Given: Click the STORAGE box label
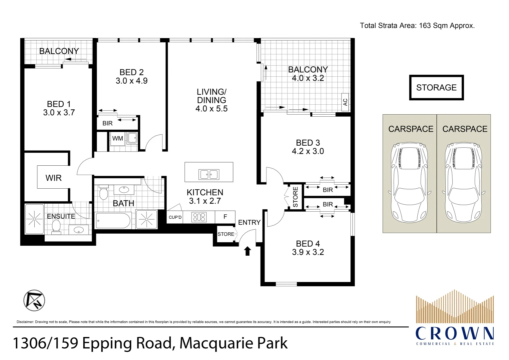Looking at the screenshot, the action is coord(436,88).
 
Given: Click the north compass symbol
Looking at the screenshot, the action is coord(34,300).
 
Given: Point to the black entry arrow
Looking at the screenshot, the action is coord(248,251).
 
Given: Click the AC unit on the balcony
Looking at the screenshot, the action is coord(345,102).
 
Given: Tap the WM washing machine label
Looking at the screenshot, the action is coord(118,138).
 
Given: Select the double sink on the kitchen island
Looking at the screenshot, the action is coord(209,175).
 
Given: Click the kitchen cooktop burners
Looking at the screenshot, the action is coord(199,217).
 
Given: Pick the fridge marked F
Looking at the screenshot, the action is coord(225,217).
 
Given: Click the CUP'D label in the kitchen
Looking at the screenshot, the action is coord(175,217).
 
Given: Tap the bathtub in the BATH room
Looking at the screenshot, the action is coord(113,220).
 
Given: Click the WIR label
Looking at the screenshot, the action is coord(53,178).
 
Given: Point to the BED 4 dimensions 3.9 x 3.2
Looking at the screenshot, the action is coord(308,252).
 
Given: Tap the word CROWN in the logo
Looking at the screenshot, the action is coord(455,333).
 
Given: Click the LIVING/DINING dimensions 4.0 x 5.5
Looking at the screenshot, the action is coord(211,109).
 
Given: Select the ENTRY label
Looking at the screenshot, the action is coord(249,222).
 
